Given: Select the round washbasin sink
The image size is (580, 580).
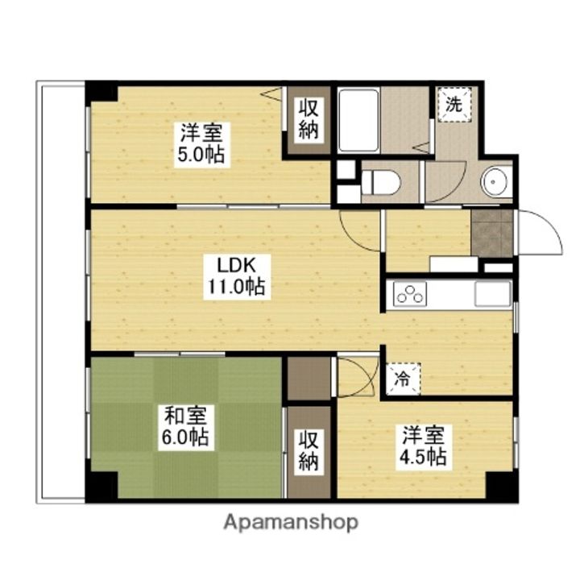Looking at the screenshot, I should [x=496, y=182].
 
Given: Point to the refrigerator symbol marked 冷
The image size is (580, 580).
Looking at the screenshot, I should [x=401, y=378].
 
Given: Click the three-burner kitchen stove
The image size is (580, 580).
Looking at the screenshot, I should [x=410, y=295].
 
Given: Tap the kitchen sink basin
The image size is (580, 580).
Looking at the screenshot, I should [x=491, y=295].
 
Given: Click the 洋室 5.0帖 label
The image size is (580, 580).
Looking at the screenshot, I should [x=201, y=143].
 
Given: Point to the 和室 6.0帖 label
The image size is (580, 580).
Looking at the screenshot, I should [x=187, y=427].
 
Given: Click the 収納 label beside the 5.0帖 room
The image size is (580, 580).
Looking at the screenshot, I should [x=309, y=118].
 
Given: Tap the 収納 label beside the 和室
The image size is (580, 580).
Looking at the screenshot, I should [x=309, y=450].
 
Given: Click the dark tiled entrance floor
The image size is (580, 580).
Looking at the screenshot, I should [x=491, y=234].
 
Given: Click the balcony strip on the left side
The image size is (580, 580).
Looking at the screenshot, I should [x=60, y=290].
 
